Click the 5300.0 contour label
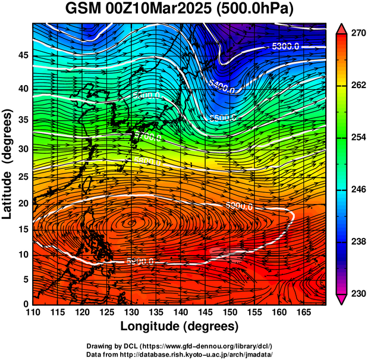point(285,47)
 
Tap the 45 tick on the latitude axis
point(23,55)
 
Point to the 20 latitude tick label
point(23,204)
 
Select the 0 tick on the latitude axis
point(27,304)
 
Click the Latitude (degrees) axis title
point(8,164)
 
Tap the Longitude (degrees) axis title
point(179,327)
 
